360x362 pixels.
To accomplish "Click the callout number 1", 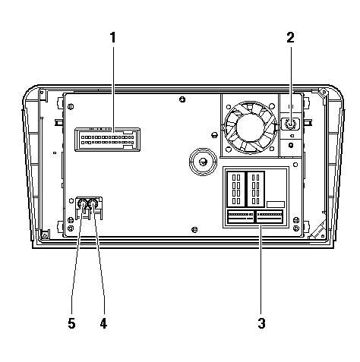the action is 113,37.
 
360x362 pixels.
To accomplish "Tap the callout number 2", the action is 291,37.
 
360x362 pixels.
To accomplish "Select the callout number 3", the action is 262,323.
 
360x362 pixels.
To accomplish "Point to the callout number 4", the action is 103,323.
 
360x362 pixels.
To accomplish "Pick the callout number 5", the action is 72,323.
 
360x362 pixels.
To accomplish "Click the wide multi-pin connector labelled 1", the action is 107,140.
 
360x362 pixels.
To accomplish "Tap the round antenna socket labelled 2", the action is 290,124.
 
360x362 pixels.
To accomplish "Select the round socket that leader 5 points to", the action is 83,203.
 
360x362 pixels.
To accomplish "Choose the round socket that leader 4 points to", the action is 93,203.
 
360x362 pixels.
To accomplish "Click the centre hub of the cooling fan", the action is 250,127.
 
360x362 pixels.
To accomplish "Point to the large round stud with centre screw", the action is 203,162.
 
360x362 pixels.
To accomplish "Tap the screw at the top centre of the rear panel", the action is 182,99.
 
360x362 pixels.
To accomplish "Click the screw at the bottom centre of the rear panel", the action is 194,230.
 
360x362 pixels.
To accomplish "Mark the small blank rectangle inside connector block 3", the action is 276,204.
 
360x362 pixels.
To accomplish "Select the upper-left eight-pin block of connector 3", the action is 235,189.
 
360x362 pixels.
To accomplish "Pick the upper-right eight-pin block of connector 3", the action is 256,189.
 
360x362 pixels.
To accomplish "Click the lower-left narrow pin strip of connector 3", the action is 241,217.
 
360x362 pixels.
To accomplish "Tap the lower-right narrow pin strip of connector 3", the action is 270,217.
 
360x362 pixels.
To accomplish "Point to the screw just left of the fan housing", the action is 214,135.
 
